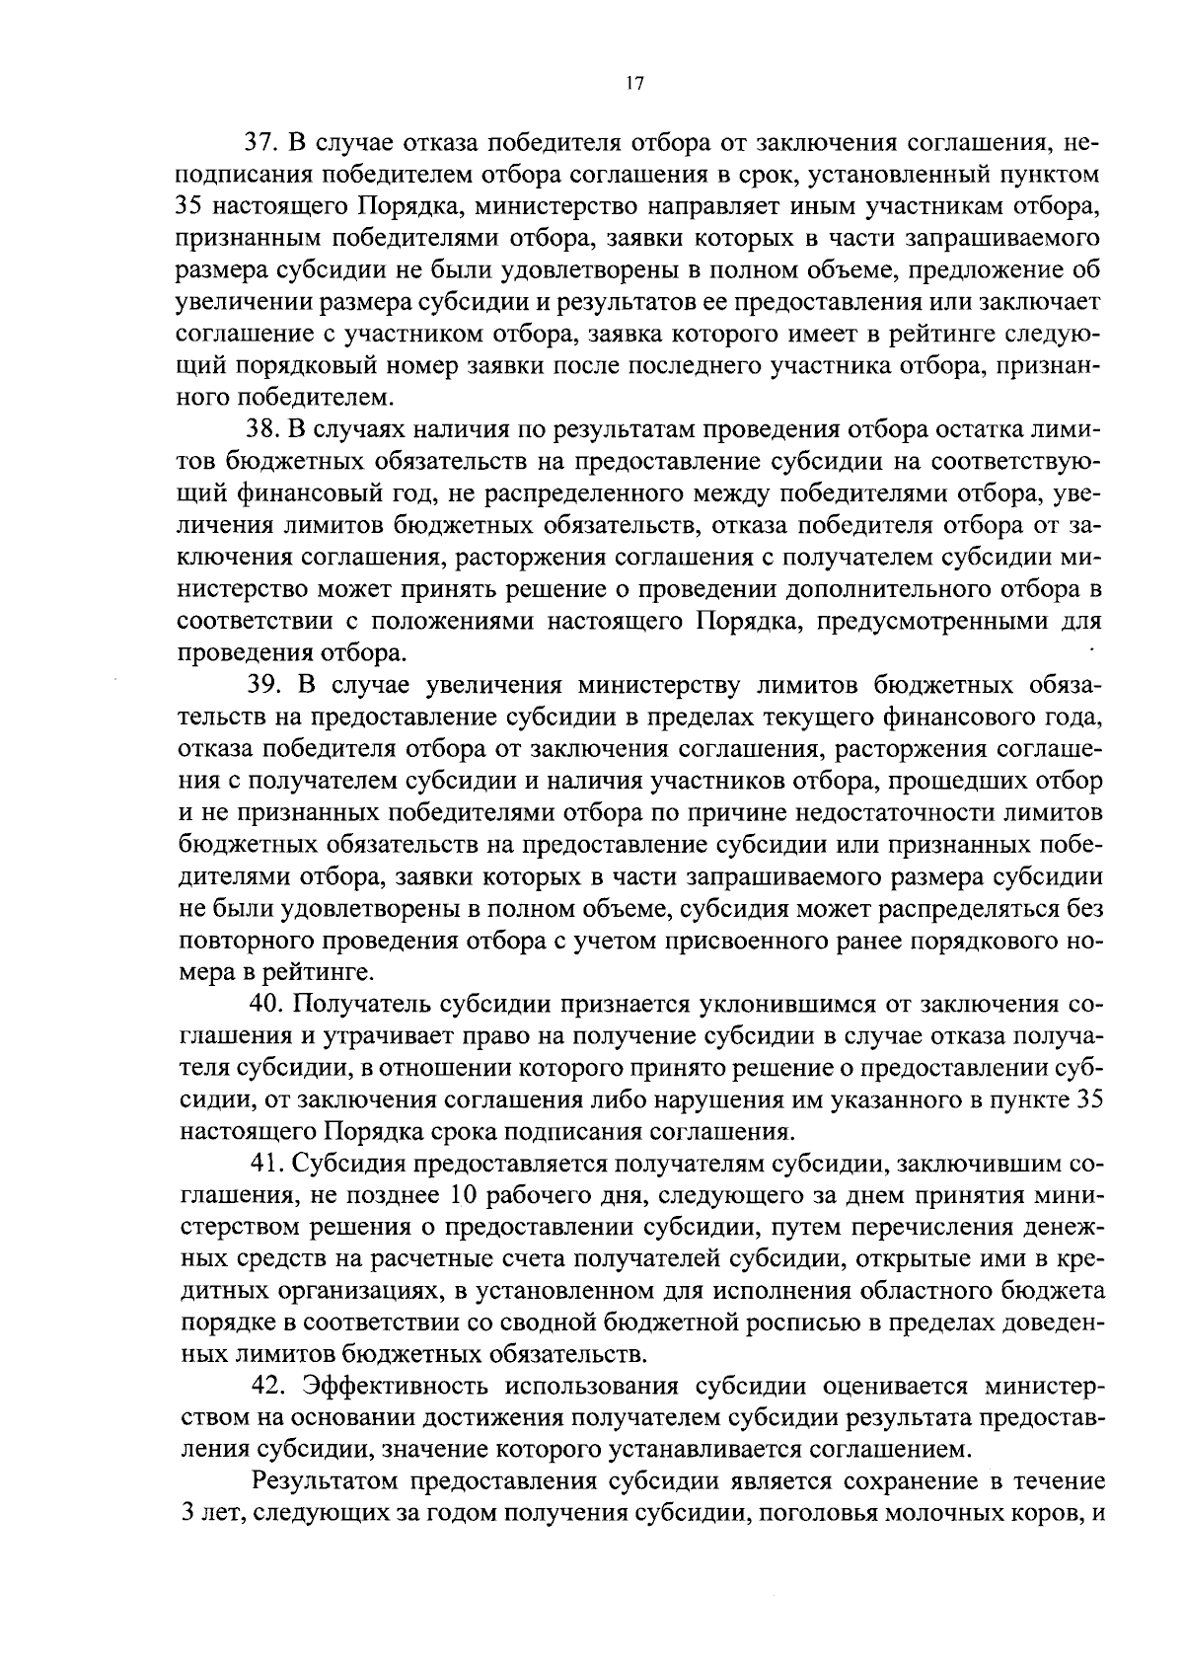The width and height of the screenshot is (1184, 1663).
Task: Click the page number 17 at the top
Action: [633, 85]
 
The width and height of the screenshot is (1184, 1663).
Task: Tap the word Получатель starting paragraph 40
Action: [361, 1005]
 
